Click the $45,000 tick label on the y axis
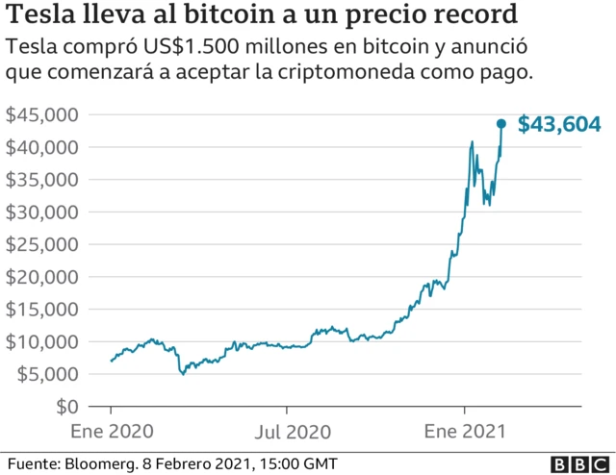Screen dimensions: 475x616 (x=41, y=114)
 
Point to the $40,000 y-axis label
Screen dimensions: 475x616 (x=41, y=147)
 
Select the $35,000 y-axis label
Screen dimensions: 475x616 (x=41, y=180)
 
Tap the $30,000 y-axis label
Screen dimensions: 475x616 (x=41, y=212)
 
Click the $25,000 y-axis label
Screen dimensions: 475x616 (x=41, y=244)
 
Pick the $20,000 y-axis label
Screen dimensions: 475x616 (x=41, y=277)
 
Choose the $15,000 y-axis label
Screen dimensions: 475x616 (x=41, y=309)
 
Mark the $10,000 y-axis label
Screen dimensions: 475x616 (x=41, y=341)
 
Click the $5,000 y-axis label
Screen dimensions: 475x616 (x=46, y=374)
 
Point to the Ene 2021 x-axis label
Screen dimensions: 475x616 (x=466, y=430)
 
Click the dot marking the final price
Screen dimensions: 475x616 (x=500, y=123)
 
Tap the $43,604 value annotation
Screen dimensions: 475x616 (x=559, y=124)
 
